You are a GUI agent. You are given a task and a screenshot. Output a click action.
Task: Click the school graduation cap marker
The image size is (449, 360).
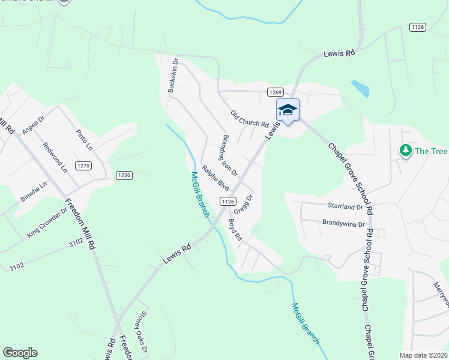click(x=288, y=110)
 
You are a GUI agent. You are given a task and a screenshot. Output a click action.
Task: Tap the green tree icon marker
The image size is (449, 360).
click(x=406, y=150)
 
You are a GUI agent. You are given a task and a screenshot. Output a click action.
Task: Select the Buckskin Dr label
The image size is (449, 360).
click(x=173, y=75)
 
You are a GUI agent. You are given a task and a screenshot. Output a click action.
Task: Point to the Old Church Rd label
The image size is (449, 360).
click(x=249, y=119)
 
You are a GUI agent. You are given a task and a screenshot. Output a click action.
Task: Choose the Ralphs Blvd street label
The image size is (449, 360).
click(x=215, y=178)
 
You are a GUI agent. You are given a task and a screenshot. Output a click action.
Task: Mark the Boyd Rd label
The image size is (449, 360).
click(x=235, y=230)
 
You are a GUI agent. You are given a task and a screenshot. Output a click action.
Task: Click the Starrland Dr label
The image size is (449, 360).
click(x=345, y=206)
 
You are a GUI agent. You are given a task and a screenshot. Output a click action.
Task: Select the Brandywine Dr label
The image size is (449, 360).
click(x=343, y=224)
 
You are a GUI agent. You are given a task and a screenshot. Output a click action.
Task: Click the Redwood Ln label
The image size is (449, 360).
click(x=55, y=157)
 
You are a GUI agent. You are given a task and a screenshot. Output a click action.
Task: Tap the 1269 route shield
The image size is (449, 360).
click(x=275, y=92)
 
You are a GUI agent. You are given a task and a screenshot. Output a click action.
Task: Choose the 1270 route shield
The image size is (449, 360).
click(x=83, y=165)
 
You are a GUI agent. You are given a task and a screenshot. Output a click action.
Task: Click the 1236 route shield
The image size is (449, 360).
click(x=124, y=175)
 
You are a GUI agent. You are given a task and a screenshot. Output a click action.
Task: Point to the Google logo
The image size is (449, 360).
click(x=20, y=353)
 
